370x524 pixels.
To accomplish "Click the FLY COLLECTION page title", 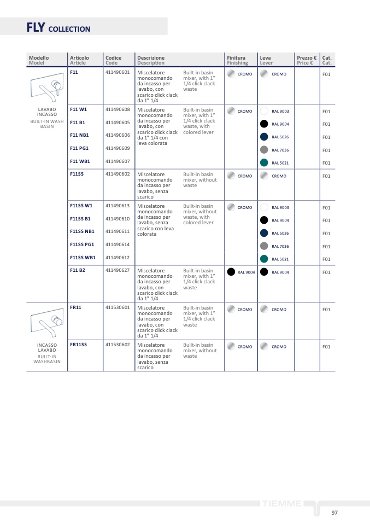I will (58, 28).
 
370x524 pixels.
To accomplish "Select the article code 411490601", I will (118, 72).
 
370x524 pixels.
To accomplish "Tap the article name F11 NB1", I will (79, 135).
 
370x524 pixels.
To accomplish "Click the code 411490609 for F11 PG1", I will (118, 148).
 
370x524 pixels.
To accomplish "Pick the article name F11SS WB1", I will (83, 257).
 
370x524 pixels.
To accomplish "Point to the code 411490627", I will (118, 270).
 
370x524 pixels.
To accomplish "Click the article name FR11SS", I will (78, 345).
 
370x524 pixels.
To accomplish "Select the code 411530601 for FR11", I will (118, 307).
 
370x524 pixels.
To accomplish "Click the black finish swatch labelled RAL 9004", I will (231, 272).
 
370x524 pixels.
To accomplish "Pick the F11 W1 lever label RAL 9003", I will (280, 112).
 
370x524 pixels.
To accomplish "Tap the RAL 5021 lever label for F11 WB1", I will (280, 163).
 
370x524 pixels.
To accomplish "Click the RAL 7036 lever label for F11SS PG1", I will (280, 247).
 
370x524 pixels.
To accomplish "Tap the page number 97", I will (334, 513).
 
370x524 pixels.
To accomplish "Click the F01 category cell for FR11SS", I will (326, 347).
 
